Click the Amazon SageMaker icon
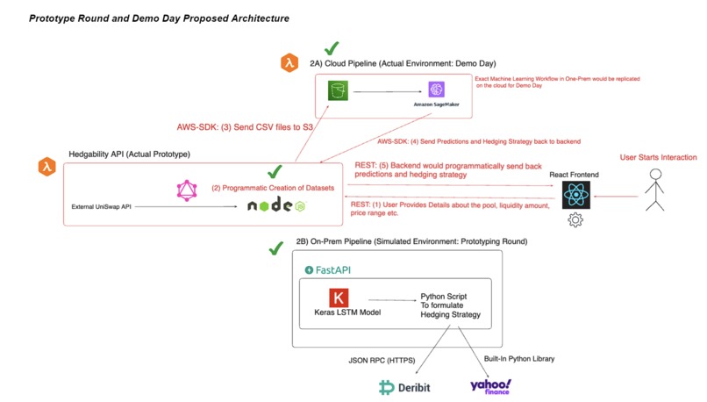point(437,90)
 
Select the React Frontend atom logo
point(575,194)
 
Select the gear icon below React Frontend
point(575,220)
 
